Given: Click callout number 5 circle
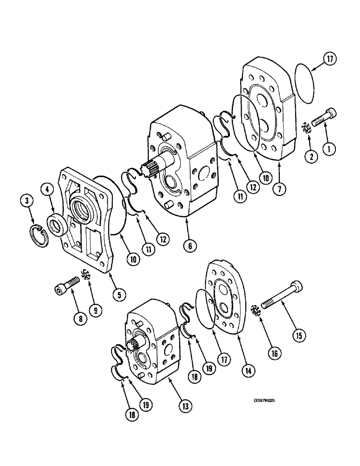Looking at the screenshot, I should pyautogui.click(x=119, y=294).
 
